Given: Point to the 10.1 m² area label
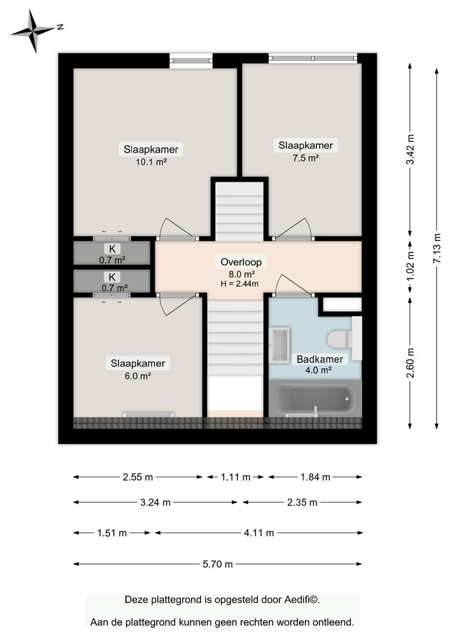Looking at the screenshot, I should pos(151,162).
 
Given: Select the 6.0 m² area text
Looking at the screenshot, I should pos(138,375).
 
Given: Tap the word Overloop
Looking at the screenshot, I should pos(241,261).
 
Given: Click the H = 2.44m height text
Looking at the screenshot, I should pos(241,283).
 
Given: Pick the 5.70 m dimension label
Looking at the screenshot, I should pos(218,563).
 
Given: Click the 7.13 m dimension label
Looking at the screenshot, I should pos(436,248).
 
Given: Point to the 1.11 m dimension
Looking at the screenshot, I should pos(235,477).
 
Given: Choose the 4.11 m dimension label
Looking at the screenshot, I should pos(258,533).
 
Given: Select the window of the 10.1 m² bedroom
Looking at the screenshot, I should pos(191,61).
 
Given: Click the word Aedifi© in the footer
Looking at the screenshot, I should pos(302,599).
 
